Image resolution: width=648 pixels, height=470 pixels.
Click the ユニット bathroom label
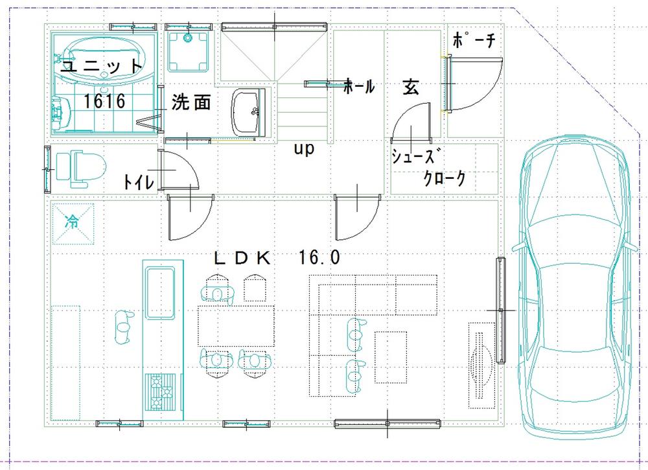point(101,66)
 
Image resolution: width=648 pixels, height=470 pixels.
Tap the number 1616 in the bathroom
point(104,101)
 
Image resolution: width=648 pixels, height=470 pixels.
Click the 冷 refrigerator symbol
point(71,221)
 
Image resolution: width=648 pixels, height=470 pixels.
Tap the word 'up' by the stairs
point(304,148)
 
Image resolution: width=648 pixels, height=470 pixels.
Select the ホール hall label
point(358,86)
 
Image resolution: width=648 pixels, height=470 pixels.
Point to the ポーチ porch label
point(474,41)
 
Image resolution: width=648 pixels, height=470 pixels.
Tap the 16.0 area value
point(319,258)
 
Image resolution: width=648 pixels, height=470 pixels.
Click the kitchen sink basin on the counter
point(160,294)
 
